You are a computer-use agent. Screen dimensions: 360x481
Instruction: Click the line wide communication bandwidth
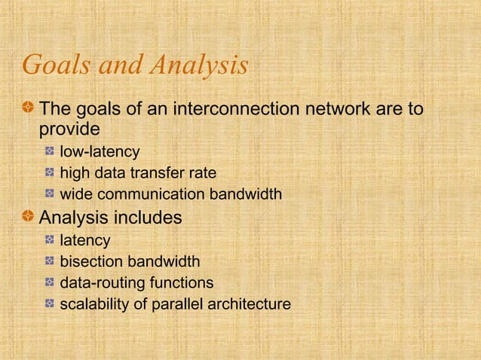(170, 195)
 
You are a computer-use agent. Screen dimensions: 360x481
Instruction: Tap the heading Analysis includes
(110, 218)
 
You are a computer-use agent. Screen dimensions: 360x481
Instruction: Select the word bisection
(91, 262)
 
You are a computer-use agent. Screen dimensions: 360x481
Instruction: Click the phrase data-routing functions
(136, 283)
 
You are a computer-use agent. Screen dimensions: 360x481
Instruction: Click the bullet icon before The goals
(28, 110)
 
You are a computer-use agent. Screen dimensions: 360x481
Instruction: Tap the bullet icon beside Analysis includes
(28, 218)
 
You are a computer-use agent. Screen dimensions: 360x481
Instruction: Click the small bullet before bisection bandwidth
(49, 262)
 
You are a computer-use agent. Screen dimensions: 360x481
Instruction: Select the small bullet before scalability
(49, 304)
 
